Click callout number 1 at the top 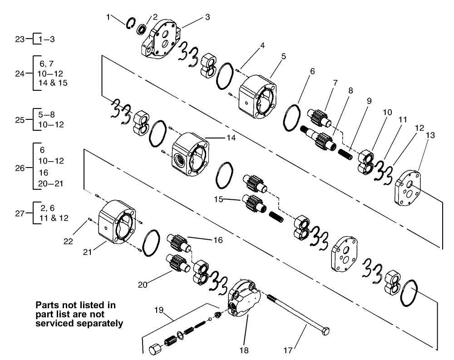pyautogui.click(x=109, y=17)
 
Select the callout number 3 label pyautogui.click(x=207, y=17)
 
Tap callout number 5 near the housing pyautogui.click(x=283, y=56)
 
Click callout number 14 pyautogui.click(x=219, y=138)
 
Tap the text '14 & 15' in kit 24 pyautogui.click(x=53, y=83)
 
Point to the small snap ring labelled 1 pyautogui.click(x=131, y=23)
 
